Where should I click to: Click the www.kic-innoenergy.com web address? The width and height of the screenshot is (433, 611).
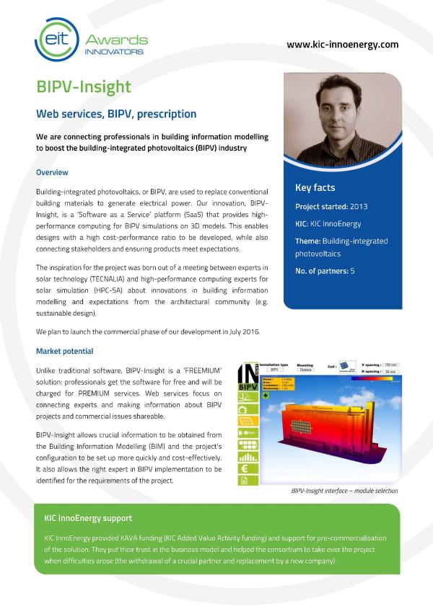pos(342,44)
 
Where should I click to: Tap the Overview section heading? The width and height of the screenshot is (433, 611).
pos(52,173)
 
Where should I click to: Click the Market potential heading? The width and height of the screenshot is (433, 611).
pos(64,352)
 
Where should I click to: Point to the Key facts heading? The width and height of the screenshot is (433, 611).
pos(315,188)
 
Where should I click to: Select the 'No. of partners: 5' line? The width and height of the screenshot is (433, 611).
pos(325,271)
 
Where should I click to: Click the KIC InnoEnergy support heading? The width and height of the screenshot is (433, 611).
pos(88,518)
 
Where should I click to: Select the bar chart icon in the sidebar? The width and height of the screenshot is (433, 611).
pos(245,452)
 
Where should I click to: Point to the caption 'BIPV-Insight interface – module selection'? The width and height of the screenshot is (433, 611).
pos(344,491)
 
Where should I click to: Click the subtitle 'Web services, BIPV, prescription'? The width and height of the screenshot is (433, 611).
pos(116,114)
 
